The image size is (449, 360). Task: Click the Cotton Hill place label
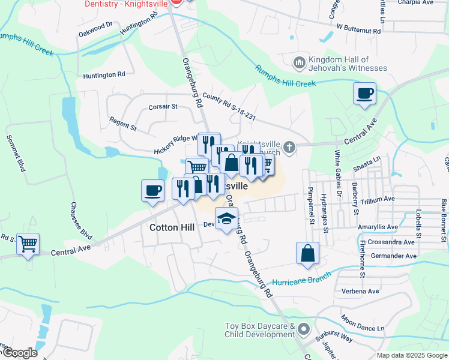[171, 229]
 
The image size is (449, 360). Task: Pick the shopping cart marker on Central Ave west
[28, 244]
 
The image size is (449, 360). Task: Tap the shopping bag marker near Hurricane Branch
[307, 253]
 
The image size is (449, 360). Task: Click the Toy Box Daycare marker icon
[303, 329]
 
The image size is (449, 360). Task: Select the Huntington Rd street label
[104, 75]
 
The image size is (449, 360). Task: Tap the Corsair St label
[163, 107]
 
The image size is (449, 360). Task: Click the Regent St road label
[123, 124]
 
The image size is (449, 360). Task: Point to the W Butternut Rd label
[359, 28]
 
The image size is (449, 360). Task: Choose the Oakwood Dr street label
[95, 29]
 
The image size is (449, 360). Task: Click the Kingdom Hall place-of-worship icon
[299, 62]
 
